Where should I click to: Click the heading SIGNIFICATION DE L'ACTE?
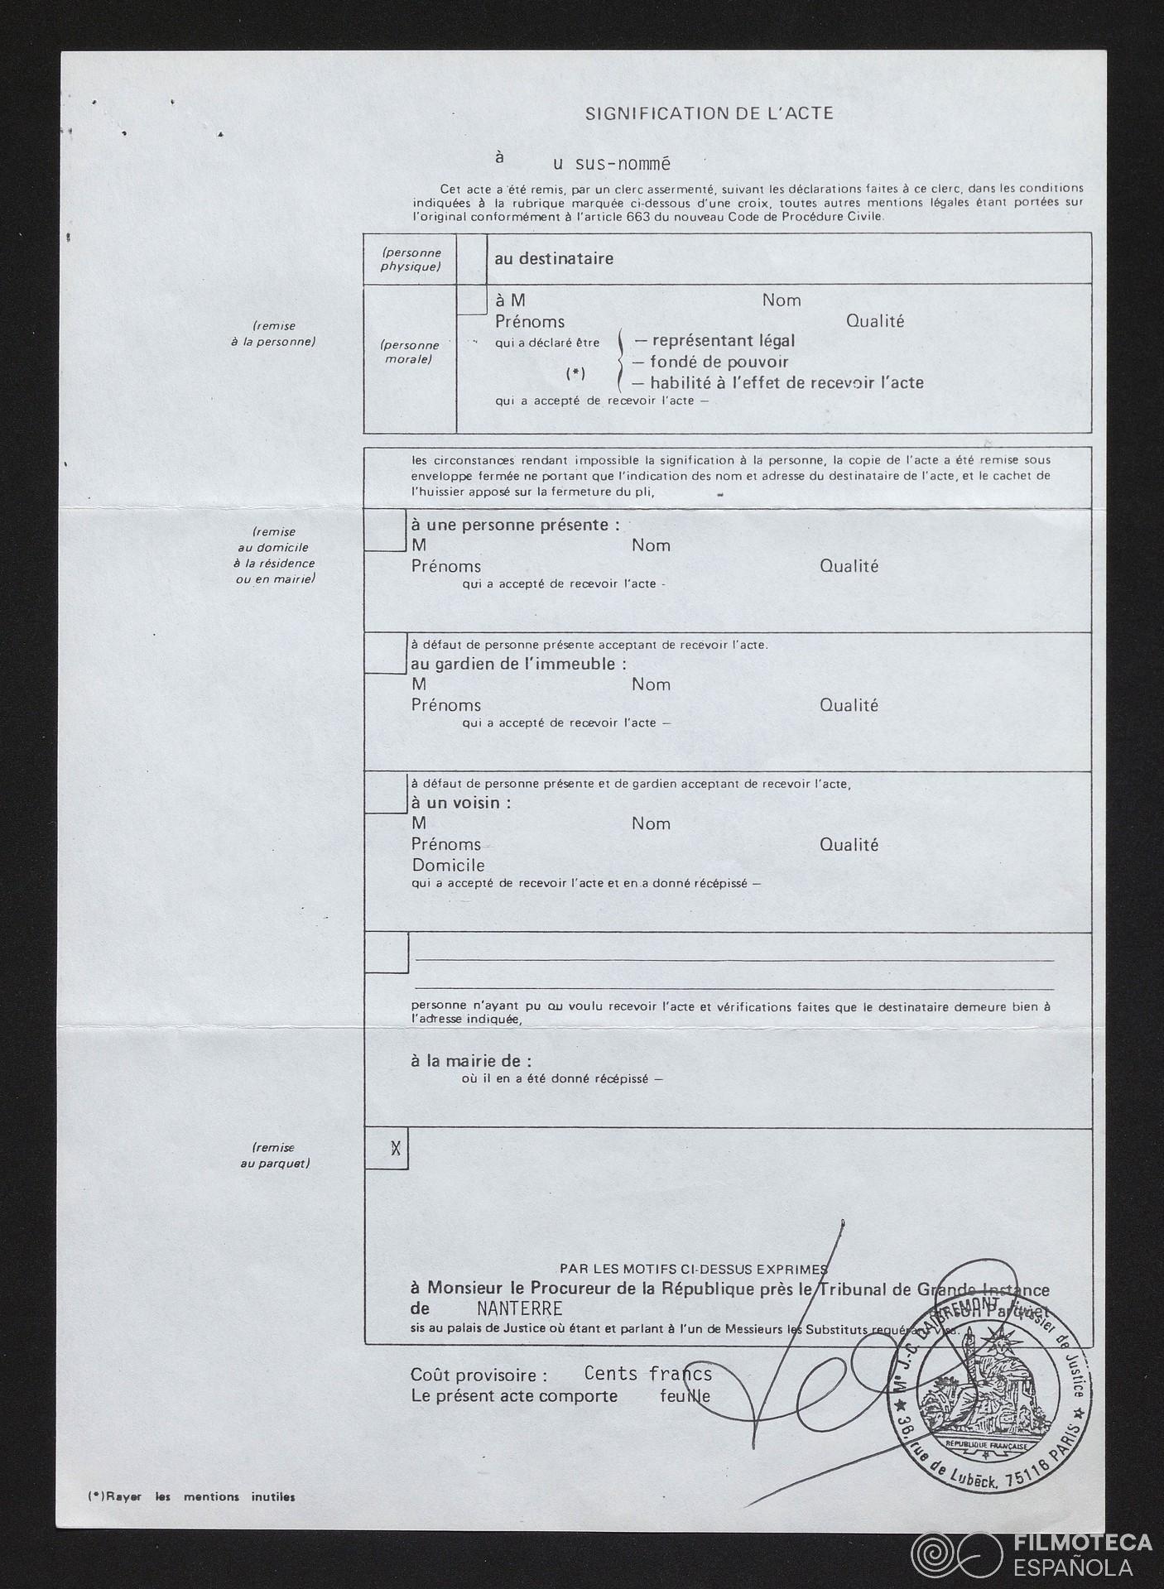coord(709,113)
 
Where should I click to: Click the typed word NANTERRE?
coord(519,1308)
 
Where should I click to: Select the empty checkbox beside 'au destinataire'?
coord(471,259)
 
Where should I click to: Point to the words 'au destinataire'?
coord(554,259)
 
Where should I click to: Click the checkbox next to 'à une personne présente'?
coord(384,530)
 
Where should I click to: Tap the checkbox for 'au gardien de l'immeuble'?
coord(384,654)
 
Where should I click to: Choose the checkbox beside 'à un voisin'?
coord(384,793)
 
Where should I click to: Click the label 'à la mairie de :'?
coord(471,1060)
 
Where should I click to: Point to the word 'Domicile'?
coord(448,865)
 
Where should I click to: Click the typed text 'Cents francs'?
coord(647,1373)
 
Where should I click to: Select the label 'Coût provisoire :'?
coord(479,1375)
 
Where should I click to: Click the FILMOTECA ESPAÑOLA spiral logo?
coord(955,1547)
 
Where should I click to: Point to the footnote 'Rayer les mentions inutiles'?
coord(191,1496)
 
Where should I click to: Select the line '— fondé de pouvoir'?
coord(710,362)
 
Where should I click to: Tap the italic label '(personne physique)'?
coord(411,259)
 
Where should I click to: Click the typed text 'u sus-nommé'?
coord(611,164)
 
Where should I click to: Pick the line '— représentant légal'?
coord(714,340)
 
